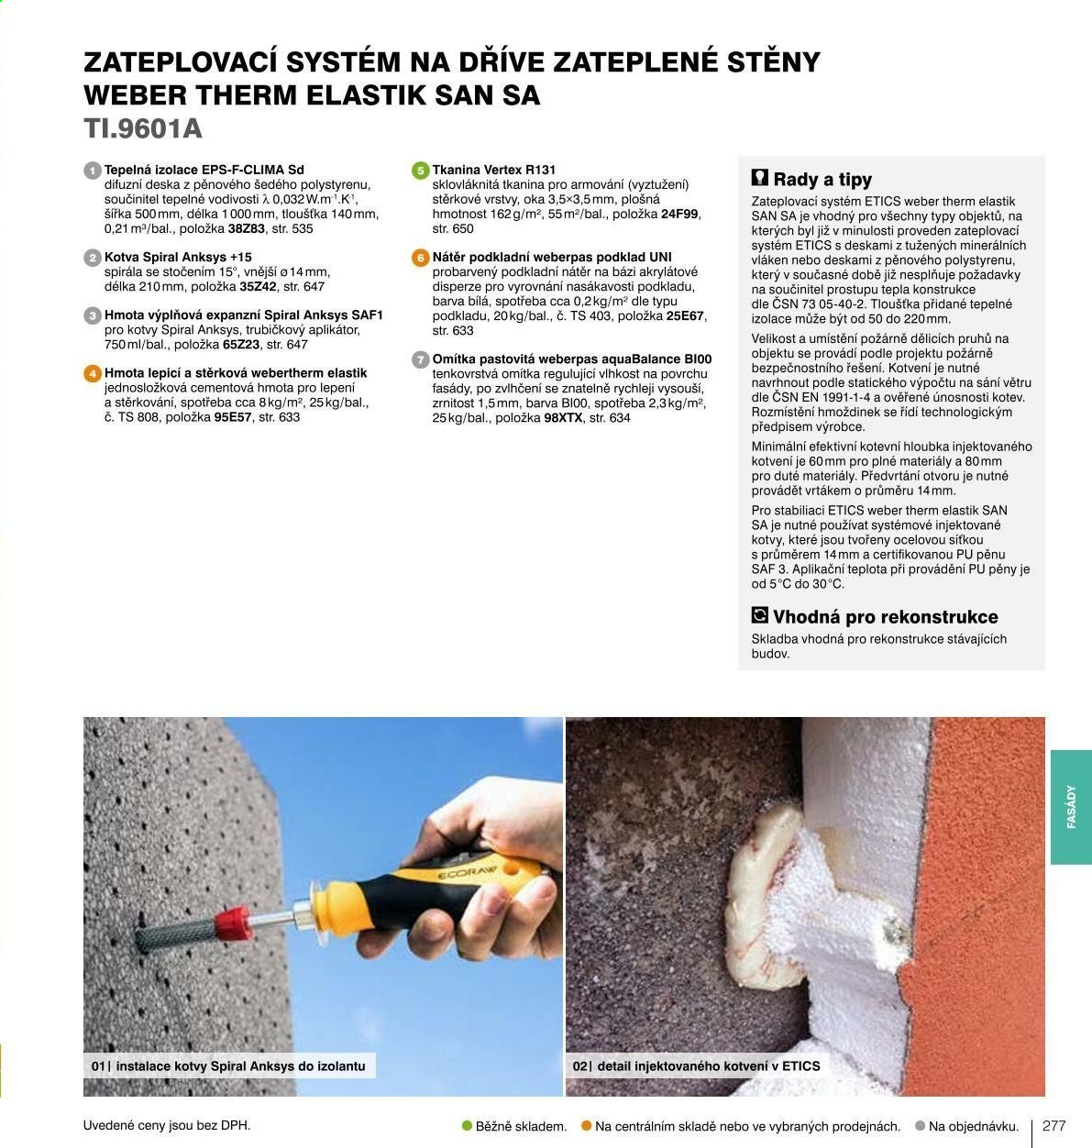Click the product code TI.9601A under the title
[x=143, y=129]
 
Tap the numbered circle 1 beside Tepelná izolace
[x=93, y=171]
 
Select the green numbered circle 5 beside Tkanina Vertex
[x=421, y=171]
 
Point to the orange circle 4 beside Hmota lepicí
[x=93, y=374]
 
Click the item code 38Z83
[x=246, y=229]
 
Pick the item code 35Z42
[x=258, y=287]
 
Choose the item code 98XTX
[x=563, y=418]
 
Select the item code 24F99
[x=679, y=215]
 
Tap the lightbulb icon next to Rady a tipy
[x=760, y=178]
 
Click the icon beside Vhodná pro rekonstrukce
[x=760, y=615]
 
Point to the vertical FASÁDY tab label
[x=1071, y=807]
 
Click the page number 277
[x=1054, y=1126]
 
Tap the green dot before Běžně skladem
[x=467, y=1126]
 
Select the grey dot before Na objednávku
[x=921, y=1126]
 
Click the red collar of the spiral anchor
[x=232, y=922]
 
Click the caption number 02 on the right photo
[x=579, y=1066]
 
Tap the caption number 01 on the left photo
[x=98, y=1066]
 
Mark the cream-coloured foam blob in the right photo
[x=760, y=900]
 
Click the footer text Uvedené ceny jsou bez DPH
[x=167, y=1126]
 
